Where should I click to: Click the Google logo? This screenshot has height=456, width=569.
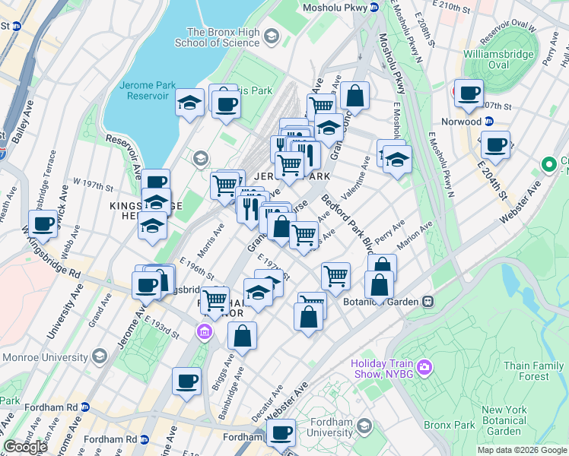tap(25, 447)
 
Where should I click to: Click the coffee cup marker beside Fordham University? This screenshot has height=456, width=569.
tap(281, 432)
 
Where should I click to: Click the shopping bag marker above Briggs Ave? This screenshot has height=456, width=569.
tap(242, 335)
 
